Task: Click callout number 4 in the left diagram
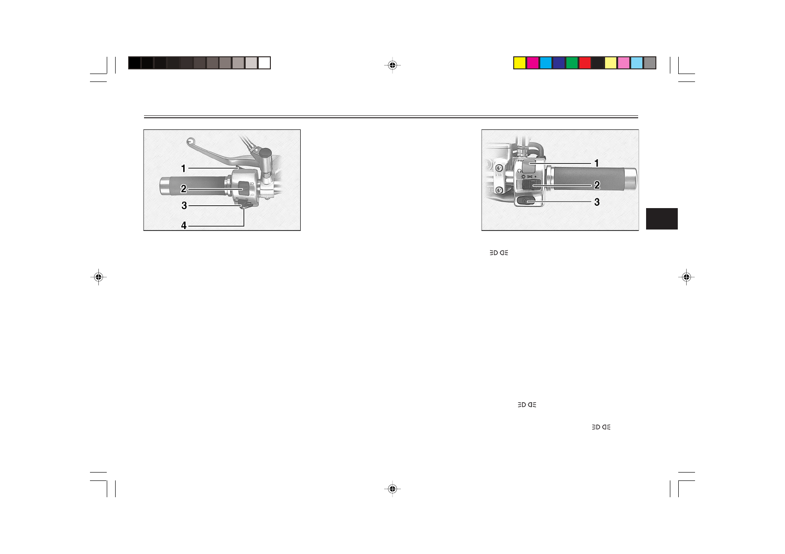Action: (184, 226)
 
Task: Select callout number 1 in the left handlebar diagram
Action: (183, 169)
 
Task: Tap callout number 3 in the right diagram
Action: (597, 202)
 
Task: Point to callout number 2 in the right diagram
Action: (597, 185)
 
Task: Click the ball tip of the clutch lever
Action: (190, 141)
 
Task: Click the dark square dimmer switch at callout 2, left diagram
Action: (243, 188)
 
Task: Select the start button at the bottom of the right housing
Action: (525, 201)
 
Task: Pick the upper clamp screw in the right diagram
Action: (499, 169)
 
